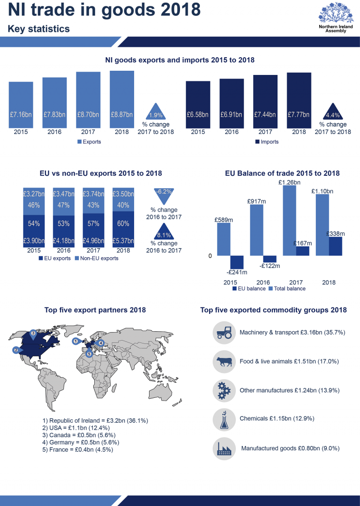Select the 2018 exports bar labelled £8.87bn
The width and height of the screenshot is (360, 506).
pos(122,98)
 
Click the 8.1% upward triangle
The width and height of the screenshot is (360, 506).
pos(164,232)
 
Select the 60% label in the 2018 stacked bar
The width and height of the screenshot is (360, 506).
pos(123,223)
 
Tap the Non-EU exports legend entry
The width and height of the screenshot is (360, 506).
pos(97,258)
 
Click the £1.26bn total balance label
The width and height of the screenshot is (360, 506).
pos(289,182)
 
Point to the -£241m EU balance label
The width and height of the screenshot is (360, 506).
pos(237,272)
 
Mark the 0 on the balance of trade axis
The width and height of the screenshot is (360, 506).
pos(210,256)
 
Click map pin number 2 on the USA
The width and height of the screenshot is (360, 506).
pos(15,350)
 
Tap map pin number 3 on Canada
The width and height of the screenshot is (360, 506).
pos(33,333)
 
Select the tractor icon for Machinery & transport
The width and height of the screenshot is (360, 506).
pos(224,333)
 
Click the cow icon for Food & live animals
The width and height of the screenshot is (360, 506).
pos(224,362)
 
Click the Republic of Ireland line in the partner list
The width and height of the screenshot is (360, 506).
pos(95,421)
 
